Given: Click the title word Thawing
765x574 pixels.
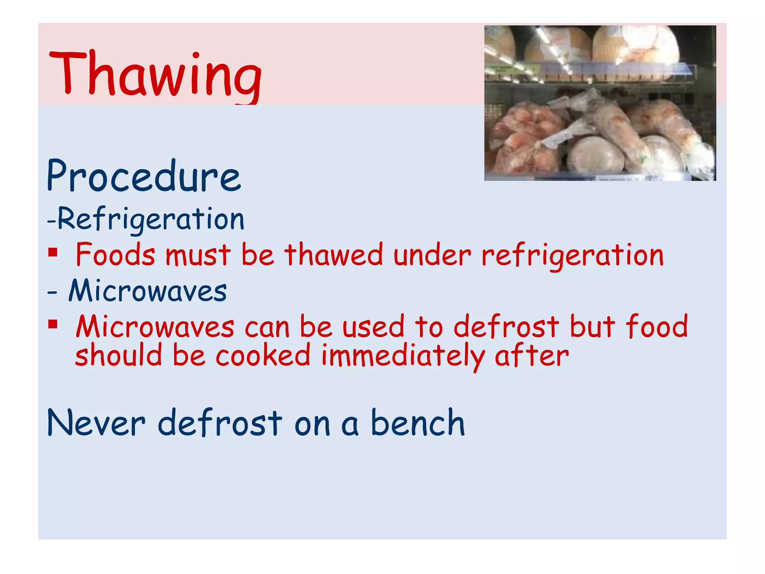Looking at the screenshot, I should click(x=155, y=75).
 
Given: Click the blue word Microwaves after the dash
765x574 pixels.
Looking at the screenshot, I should click(x=148, y=291).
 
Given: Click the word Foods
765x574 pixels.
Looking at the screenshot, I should click(x=115, y=255).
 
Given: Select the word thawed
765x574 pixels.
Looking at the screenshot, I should click(x=334, y=255).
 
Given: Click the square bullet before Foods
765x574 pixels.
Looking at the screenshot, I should click(x=53, y=252).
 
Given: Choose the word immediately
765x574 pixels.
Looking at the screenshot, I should click(x=403, y=356).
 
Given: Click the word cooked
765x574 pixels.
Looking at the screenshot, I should click(x=263, y=355).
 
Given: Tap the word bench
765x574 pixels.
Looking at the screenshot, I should click(x=418, y=423).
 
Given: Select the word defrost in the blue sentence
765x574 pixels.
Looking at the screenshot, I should click(x=220, y=423).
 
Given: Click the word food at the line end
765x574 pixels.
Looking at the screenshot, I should click(x=657, y=326).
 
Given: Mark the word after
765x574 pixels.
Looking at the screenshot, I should click(x=532, y=355).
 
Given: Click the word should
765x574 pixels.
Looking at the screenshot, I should click(x=119, y=355).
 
